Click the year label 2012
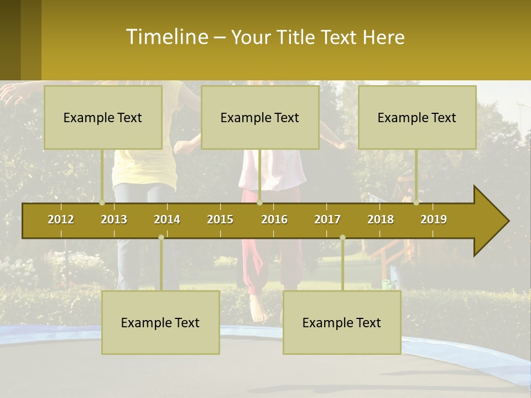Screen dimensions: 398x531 pyautogui.click(x=61, y=219)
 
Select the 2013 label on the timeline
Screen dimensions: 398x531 pyautogui.click(x=114, y=219)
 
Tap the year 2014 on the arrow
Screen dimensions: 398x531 pyautogui.click(x=167, y=219)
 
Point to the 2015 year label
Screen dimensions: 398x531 pyautogui.click(x=220, y=219)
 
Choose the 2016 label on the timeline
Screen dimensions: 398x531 pyautogui.click(x=274, y=219)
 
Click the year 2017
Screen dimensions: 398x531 pyautogui.click(x=327, y=219)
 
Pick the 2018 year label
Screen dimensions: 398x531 pyautogui.click(x=381, y=219)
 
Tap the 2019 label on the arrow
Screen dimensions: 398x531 pyautogui.click(x=434, y=219)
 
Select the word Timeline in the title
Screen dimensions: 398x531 pyautogui.click(x=166, y=37)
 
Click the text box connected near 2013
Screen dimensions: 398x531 pyautogui.click(x=103, y=117)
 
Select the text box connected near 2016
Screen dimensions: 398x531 pyautogui.click(x=260, y=117)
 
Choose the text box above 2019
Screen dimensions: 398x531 pyautogui.click(x=417, y=117)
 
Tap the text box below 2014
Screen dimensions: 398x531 pyautogui.click(x=160, y=322)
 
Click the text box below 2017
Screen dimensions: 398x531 pyautogui.click(x=342, y=322)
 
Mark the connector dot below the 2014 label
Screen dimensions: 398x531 pyautogui.click(x=161, y=238)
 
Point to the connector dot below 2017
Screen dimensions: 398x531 pyautogui.click(x=342, y=238)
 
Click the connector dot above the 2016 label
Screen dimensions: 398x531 pyautogui.click(x=260, y=203)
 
